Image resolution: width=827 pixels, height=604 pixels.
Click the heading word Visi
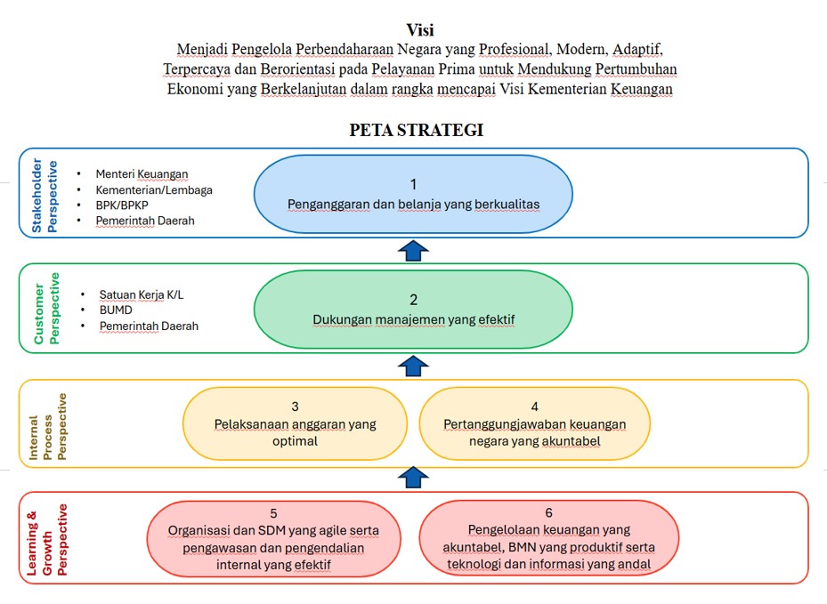coord(413,30)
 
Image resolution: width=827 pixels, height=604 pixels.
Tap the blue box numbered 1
coord(413,194)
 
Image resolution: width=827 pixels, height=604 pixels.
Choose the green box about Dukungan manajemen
coord(413,310)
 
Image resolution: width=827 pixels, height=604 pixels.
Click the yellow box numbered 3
coord(295,423)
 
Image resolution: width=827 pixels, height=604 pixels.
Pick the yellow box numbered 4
coord(534,423)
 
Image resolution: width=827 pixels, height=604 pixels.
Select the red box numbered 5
coord(273,538)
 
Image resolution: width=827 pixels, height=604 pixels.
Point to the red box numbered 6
coord(548,538)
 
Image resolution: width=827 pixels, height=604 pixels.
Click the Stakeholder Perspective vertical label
coord(44,196)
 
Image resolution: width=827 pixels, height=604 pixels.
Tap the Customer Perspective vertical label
coord(44,309)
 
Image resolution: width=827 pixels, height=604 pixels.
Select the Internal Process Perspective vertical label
coord(49,425)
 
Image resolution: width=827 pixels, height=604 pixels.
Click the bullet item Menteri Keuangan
coord(142,174)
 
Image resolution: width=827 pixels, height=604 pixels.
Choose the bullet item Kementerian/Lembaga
coord(153,189)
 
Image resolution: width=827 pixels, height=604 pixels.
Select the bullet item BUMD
coord(116,310)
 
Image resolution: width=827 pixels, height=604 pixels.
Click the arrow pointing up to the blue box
coord(411,250)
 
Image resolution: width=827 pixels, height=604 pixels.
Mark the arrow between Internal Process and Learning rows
coord(411,478)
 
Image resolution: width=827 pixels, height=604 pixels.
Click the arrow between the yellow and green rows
coord(411,365)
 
